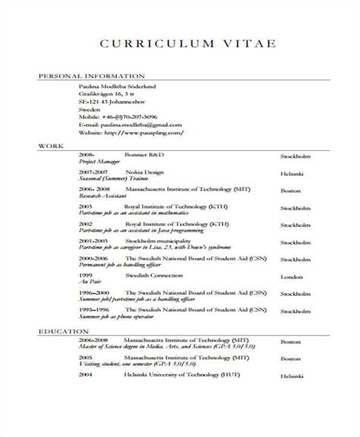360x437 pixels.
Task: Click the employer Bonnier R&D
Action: [144, 154]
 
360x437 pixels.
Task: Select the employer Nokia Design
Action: [144, 171]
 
